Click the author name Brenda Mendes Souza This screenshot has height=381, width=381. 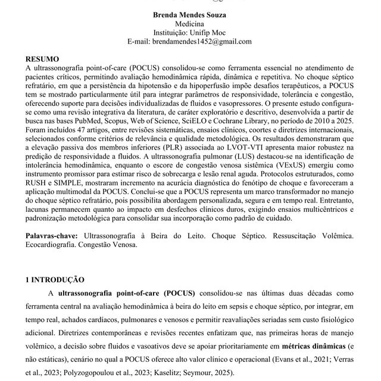(190, 14)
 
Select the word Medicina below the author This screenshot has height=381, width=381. (190, 23)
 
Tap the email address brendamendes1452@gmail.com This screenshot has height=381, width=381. (190, 41)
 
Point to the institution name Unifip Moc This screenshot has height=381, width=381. (205, 32)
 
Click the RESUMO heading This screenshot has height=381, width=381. (43, 60)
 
